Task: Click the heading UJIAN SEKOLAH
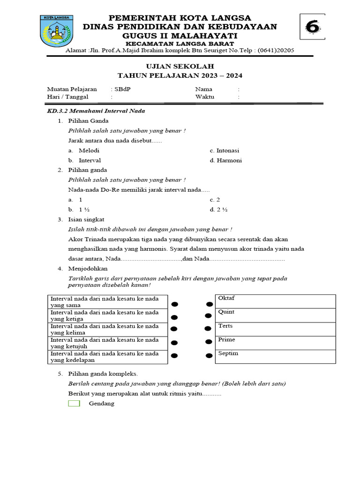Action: [x=180, y=67]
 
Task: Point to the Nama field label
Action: [x=203, y=89]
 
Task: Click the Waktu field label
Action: [x=204, y=97]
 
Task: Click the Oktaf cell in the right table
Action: [x=275, y=301]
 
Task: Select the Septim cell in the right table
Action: [x=275, y=356]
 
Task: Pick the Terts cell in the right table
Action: [x=275, y=329]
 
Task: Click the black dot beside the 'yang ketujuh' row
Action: [x=174, y=343]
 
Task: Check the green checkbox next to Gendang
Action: [x=74, y=404]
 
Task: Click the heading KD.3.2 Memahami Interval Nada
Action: [x=96, y=111]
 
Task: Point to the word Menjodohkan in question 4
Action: [x=88, y=269]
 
